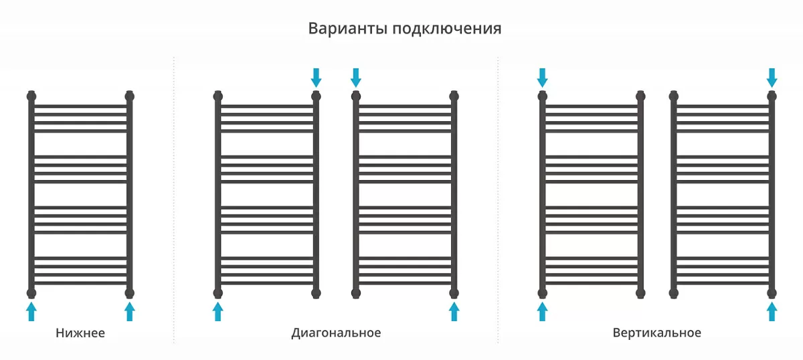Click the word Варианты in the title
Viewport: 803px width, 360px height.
(x=348, y=28)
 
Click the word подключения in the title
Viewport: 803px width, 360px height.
(x=447, y=29)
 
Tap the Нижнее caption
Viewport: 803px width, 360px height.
(x=80, y=333)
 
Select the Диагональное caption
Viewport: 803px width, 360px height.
(x=336, y=333)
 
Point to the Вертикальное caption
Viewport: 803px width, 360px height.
(x=656, y=333)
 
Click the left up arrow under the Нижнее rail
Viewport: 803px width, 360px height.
(x=31, y=311)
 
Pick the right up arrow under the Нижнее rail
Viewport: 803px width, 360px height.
(x=130, y=311)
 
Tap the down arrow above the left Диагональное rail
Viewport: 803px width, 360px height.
(x=316, y=78)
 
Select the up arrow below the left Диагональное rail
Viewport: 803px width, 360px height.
(x=218, y=311)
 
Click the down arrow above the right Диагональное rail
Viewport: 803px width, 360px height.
(x=356, y=78)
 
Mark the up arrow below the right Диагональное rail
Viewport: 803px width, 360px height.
(x=454, y=311)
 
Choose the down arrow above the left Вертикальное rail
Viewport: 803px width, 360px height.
(x=543, y=78)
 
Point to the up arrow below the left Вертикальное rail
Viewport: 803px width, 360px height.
(x=543, y=311)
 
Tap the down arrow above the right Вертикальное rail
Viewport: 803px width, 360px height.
(x=772, y=78)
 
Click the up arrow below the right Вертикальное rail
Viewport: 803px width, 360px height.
(x=772, y=311)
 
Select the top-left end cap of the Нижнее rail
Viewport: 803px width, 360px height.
(x=31, y=96)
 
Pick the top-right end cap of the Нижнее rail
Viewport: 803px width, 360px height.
(x=130, y=96)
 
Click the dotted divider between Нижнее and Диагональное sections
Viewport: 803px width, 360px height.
(x=174, y=200)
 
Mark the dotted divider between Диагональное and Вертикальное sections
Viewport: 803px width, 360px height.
(x=498, y=200)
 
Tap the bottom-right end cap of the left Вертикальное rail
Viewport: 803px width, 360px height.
(x=640, y=293)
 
